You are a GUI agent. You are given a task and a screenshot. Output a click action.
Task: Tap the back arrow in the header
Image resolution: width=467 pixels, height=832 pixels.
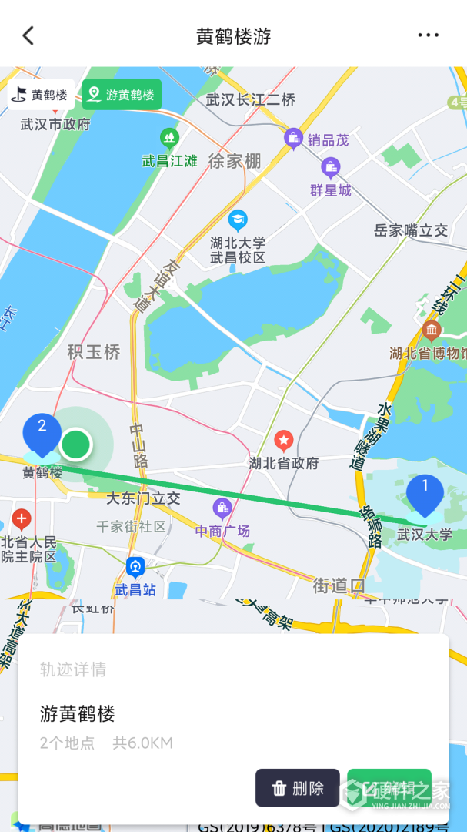(x=28, y=35)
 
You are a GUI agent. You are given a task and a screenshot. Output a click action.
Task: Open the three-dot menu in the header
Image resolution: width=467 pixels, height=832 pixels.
(x=428, y=35)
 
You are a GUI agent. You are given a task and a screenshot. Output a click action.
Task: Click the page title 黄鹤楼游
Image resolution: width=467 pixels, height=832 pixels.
(x=233, y=36)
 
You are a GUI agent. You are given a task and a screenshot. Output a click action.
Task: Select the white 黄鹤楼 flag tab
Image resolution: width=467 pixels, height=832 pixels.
(x=42, y=95)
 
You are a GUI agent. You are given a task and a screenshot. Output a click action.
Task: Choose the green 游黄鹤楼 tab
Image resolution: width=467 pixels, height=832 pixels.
(x=122, y=95)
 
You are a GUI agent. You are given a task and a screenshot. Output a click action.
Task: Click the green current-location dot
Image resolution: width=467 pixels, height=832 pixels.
(x=76, y=445)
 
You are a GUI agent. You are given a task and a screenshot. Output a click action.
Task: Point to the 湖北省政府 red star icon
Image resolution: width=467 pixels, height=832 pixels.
(x=284, y=441)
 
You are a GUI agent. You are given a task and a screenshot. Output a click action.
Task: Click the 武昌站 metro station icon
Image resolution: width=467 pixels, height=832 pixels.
(x=135, y=568)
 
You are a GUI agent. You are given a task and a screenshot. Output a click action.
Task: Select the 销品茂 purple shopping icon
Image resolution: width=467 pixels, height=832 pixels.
(x=293, y=139)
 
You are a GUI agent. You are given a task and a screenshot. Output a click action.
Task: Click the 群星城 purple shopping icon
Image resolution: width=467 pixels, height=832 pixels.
(x=331, y=167)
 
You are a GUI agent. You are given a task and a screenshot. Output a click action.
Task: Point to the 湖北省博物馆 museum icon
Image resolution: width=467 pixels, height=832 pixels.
(x=432, y=331)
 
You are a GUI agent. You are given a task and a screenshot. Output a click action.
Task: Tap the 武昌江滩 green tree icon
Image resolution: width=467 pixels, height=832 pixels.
(x=170, y=139)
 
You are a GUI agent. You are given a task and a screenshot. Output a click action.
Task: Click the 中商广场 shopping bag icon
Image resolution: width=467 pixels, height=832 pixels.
(x=222, y=508)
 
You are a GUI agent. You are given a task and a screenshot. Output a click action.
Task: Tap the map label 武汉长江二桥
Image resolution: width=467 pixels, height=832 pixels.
(x=251, y=99)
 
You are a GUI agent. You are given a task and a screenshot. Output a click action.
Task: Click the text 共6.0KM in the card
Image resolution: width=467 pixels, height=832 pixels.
(x=142, y=743)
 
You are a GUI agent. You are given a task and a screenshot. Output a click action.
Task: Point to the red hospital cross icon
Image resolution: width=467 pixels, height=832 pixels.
(x=22, y=518)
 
